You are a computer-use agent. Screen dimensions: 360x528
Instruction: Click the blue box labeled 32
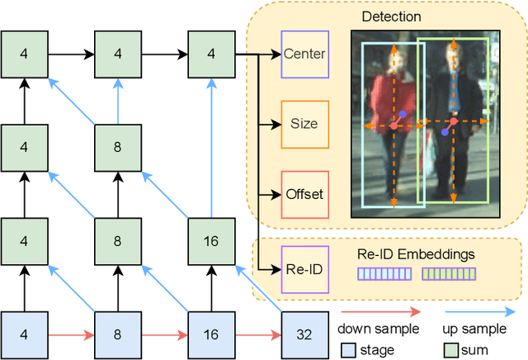304,335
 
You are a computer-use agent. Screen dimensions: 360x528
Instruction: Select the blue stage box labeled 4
23,335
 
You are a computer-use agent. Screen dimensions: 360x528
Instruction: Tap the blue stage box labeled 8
117,335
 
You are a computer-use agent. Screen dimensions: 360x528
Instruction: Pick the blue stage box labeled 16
211,335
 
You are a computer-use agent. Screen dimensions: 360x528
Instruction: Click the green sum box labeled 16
211,242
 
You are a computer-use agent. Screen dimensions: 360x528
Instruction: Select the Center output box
304,54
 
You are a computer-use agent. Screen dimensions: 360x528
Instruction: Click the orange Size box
304,125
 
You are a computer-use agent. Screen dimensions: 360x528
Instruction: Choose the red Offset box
304,195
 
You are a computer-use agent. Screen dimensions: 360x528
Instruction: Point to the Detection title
391,17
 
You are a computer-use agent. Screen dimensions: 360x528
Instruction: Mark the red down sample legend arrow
380,312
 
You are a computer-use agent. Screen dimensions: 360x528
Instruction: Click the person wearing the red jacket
393,120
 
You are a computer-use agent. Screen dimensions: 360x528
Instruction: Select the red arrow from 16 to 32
258,335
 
